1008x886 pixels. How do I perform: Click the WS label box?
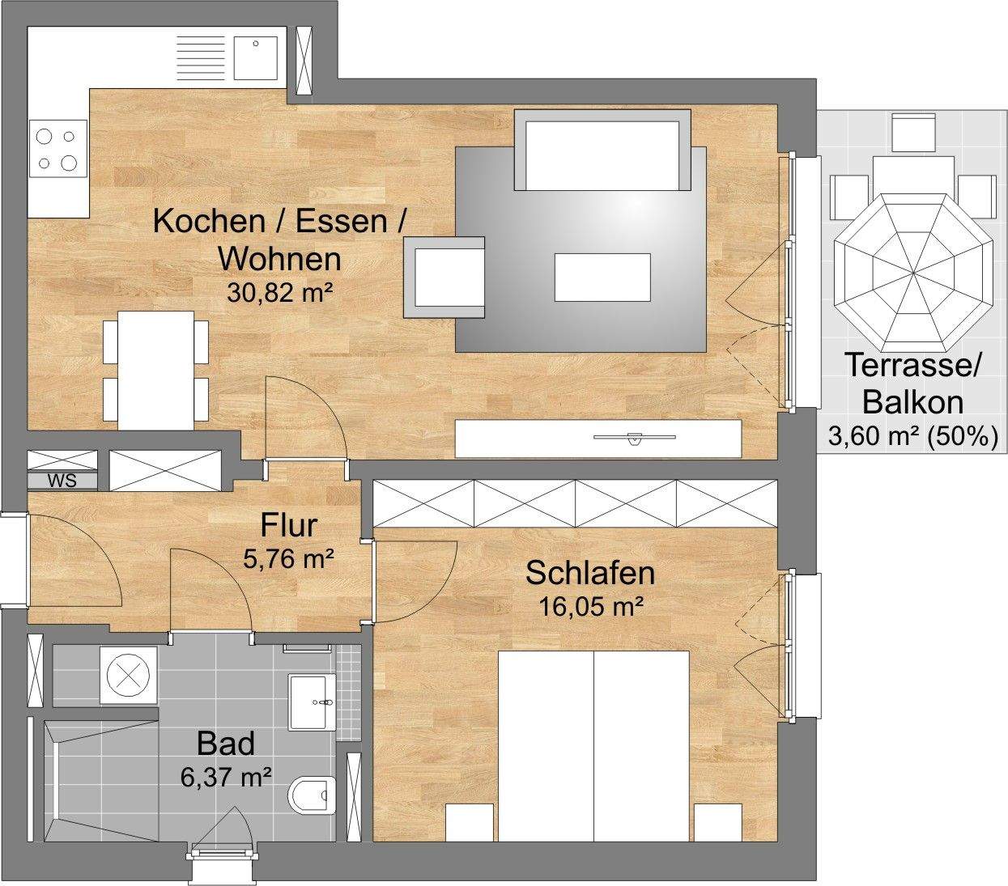click(62, 481)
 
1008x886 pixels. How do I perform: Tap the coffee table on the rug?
click(602, 278)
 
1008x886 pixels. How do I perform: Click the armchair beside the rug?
click(444, 278)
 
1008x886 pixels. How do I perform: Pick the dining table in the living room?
click(155, 370)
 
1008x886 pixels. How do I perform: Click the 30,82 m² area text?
click(279, 292)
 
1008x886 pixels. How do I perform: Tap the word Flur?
click(289, 526)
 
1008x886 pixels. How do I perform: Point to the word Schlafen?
click(590, 573)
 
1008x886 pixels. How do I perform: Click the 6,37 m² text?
click(227, 777)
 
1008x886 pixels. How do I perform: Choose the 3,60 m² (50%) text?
click(913, 437)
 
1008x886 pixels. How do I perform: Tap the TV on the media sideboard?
click(635, 438)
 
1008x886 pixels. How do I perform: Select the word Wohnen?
click(281, 259)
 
